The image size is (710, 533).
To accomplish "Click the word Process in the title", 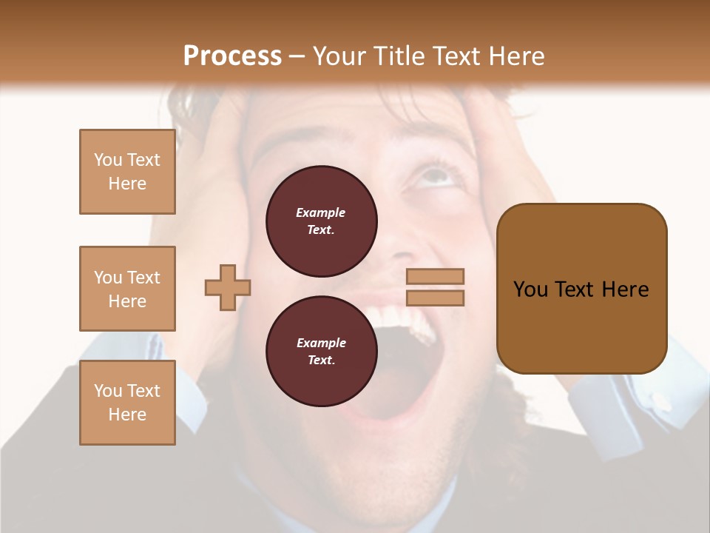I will pos(232,56).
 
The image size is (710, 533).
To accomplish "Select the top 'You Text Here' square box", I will pos(127,172).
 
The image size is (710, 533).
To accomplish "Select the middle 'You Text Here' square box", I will pos(127,289).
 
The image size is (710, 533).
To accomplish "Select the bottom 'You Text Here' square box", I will pos(127,403).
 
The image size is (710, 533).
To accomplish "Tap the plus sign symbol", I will pos(228,287).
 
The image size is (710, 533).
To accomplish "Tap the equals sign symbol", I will pos(436,287).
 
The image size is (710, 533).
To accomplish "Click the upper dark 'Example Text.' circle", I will pos(322,221).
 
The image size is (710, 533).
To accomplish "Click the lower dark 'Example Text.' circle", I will pos(322,352).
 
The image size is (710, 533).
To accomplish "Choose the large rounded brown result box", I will pos(581,289).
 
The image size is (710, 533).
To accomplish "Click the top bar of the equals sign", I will pos(436,277).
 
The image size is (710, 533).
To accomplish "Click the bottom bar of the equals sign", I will pos(436,298).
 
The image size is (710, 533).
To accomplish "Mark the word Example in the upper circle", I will pos(321,212).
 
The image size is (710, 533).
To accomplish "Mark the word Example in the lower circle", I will pos(321,343).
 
